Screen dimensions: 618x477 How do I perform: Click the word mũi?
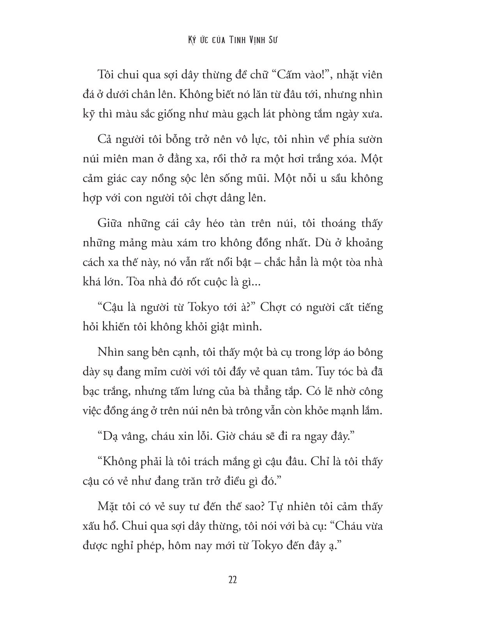coord(256,178)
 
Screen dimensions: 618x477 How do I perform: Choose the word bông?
coord(369,353)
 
